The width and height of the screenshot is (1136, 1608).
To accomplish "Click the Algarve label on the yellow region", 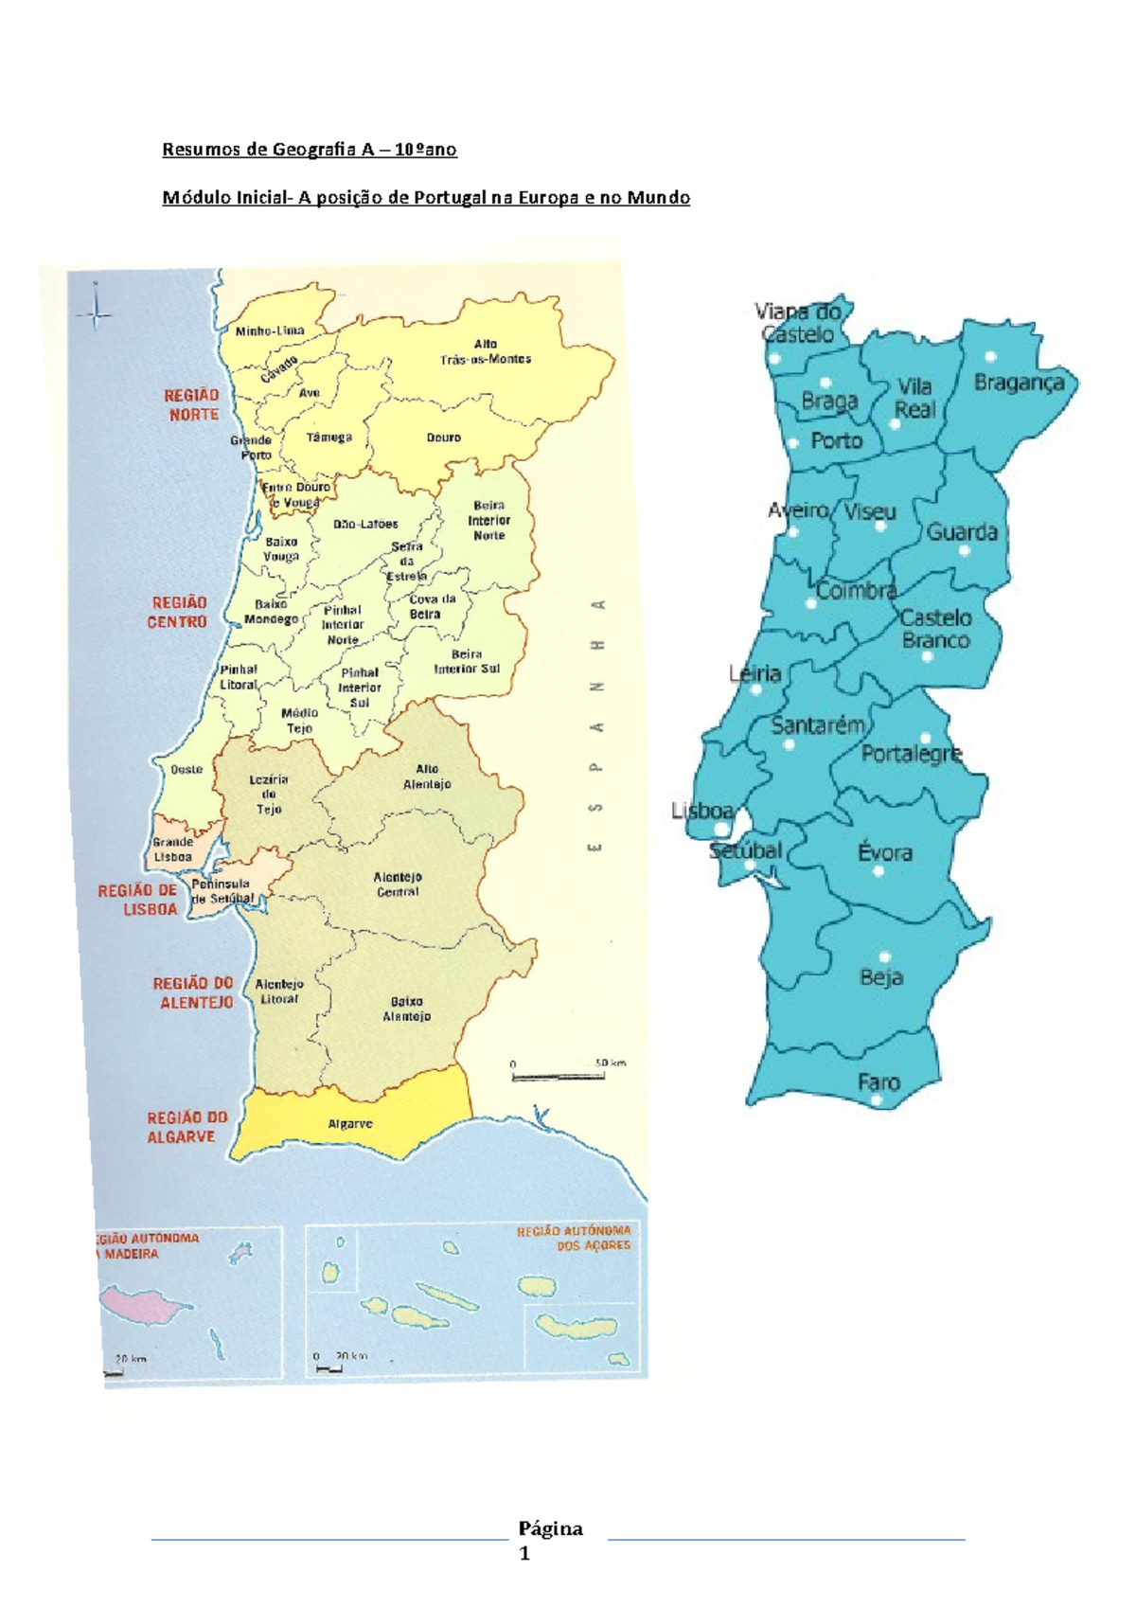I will pos(350,1124).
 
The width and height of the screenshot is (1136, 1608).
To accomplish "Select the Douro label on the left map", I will pos(443,438).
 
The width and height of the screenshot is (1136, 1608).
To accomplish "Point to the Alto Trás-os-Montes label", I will pos(486,352).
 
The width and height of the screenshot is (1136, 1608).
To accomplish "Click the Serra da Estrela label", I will pos(407,561).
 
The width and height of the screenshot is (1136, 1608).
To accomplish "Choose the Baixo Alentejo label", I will pos(407,1009).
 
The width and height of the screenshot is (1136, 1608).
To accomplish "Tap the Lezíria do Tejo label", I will pos(269,795).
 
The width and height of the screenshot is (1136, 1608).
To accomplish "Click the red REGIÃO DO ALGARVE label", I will pos(186,1127).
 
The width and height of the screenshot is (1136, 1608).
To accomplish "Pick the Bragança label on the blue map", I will pos(1020,384).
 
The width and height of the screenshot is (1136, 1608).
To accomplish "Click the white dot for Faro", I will pos(877,1100).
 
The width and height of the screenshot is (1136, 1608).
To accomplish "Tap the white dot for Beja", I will pos(884,956).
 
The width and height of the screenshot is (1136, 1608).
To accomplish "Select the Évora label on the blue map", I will pos(885,852).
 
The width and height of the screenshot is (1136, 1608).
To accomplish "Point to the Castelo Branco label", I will pos(935,629).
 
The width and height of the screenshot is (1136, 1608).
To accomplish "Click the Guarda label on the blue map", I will pos(962,532).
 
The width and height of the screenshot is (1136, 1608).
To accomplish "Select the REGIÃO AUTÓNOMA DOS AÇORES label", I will pos(574,1239).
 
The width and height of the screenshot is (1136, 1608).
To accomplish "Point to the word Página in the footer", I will pos(550,1528).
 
